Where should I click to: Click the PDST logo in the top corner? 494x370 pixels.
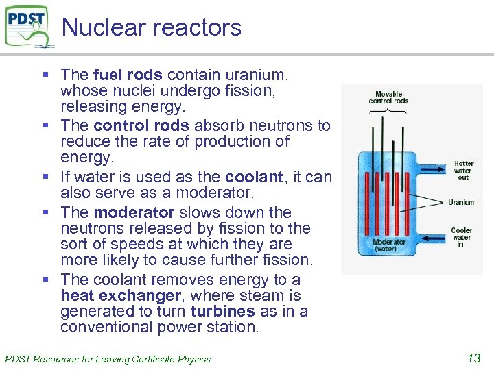pos(28,26)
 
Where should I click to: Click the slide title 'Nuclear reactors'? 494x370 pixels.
pos(152,27)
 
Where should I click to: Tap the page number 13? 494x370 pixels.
pos(473,357)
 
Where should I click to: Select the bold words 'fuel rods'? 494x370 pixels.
pos(128,74)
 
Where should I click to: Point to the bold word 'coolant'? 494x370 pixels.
pos(254,177)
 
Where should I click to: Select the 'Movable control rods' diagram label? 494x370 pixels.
pos(388,97)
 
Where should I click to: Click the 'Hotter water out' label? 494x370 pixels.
pos(463,171)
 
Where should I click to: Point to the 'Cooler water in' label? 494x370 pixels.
pos(462,237)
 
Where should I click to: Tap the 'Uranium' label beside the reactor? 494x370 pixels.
pos(461,202)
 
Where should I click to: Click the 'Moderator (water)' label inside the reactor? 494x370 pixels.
pos(390,245)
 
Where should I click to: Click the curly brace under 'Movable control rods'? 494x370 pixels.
pos(388,110)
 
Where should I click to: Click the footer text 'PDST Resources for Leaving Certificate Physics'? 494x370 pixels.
pos(108,358)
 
